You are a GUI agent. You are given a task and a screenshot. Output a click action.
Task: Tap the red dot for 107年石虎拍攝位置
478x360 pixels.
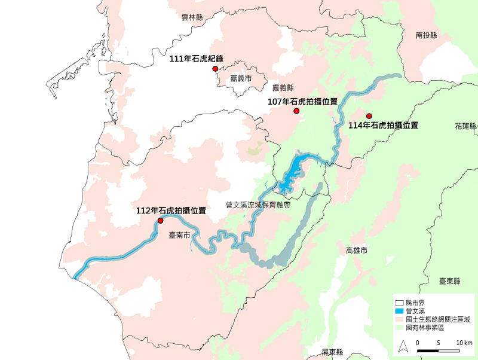pyautogui.click(x=296, y=111)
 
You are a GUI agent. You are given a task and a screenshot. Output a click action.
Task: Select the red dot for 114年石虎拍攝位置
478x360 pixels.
pyautogui.click(x=369, y=116)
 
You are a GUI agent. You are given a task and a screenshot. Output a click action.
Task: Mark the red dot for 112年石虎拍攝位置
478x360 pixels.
pyautogui.click(x=160, y=221)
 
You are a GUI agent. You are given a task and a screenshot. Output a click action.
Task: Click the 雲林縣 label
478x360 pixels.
pyautogui.click(x=193, y=17)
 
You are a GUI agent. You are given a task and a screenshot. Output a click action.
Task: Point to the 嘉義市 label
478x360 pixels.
pyautogui.click(x=241, y=78)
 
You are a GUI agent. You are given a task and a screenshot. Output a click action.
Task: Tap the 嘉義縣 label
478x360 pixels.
pyautogui.click(x=283, y=87)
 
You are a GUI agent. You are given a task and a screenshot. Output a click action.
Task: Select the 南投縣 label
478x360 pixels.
pyautogui.click(x=427, y=36)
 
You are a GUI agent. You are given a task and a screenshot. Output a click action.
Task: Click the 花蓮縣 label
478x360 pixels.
pyautogui.click(x=466, y=127)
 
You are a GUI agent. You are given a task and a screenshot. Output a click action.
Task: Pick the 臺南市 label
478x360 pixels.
pyautogui.click(x=179, y=236)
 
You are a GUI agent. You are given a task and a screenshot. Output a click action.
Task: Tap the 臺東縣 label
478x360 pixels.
pyautogui.click(x=451, y=281)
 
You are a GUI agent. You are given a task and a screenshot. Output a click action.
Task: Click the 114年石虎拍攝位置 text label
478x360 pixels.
pyautogui.click(x=383, y=126)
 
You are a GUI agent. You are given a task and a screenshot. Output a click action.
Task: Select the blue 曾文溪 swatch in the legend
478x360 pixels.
pyautogui.click(x=399, y=312)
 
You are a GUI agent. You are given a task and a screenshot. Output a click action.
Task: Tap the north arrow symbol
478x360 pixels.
pyautogui.click(x=403, y=345)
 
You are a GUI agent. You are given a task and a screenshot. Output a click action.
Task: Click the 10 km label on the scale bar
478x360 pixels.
pyautogui.click(x=464, y=342)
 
